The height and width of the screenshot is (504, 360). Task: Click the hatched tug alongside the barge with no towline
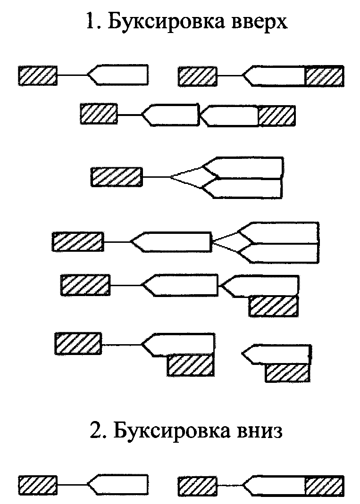pos(288,372)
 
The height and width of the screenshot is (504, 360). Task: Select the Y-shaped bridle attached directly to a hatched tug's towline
pos(186,177)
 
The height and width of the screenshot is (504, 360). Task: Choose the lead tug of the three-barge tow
pos(77,241)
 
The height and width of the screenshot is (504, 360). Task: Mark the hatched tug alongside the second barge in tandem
pos(274,306)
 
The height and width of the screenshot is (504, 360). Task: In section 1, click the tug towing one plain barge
pos(38,75)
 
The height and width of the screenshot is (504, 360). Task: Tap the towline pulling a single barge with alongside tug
pos(121,345)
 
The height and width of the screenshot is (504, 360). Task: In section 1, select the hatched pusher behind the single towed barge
pos(324,76)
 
